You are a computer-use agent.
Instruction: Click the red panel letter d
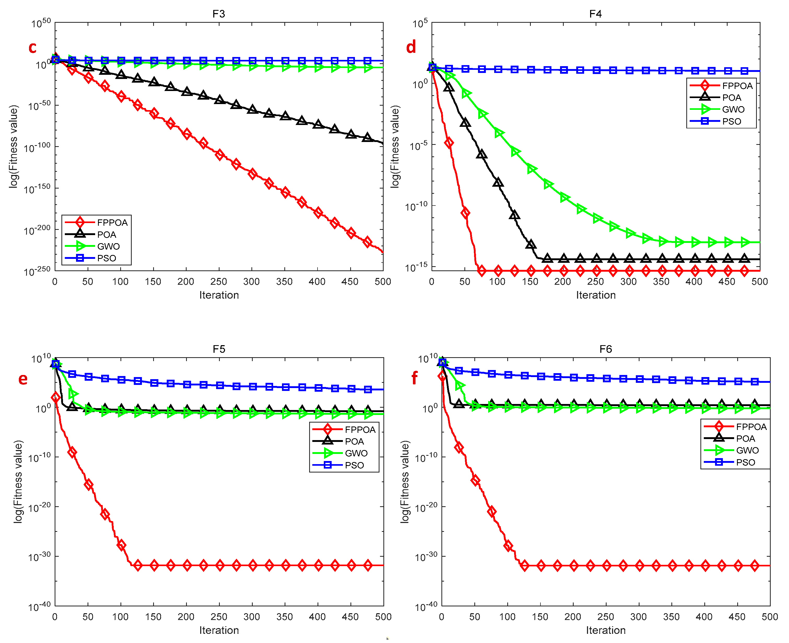tap(411, 47)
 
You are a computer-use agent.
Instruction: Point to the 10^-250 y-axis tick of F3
tap(37, 271)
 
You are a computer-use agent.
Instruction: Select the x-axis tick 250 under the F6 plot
tap(606, 617)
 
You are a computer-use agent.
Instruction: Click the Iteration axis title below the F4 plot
tap(596, 295)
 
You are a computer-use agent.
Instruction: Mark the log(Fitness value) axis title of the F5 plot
tap(18, 481)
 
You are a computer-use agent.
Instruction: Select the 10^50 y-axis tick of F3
tap(41, 23)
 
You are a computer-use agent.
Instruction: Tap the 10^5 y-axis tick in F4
tap(420, 23)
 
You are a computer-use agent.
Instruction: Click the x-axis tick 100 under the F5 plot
tap(120, 617)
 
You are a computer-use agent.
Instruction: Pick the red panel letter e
tap(23, 379)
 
